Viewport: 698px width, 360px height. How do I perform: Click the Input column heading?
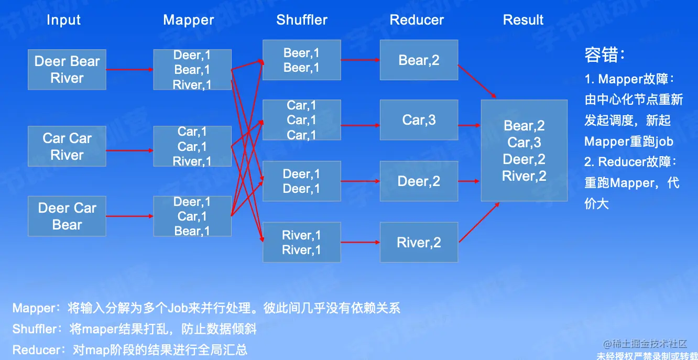(63, 20)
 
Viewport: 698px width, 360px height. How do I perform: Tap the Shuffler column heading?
(302, 20)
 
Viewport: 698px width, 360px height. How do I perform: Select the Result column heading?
(523, 20)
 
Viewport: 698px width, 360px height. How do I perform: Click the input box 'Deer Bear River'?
(67, 70)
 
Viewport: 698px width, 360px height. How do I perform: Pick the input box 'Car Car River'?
(67, 146)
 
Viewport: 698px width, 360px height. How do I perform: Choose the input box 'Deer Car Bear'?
(67, 216)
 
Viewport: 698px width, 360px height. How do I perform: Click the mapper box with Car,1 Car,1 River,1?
(192, 146)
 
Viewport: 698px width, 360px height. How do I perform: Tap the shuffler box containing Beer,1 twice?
(301, 60)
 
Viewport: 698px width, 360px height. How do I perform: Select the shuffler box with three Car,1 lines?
(301, 120)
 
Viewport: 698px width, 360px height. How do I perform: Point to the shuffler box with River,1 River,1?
(301, 243)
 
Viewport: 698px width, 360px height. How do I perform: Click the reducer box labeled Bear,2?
(419, 60)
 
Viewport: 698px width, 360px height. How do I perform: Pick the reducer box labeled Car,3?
(419, 120)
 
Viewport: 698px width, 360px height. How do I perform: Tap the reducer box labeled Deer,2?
(419, 181)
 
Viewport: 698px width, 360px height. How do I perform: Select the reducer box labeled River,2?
(419, 243)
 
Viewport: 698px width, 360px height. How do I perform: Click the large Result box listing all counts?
(524, 151)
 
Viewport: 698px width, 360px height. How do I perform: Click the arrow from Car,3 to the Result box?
(470, 125)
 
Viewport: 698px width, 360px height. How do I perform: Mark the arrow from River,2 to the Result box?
(478, 222)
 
